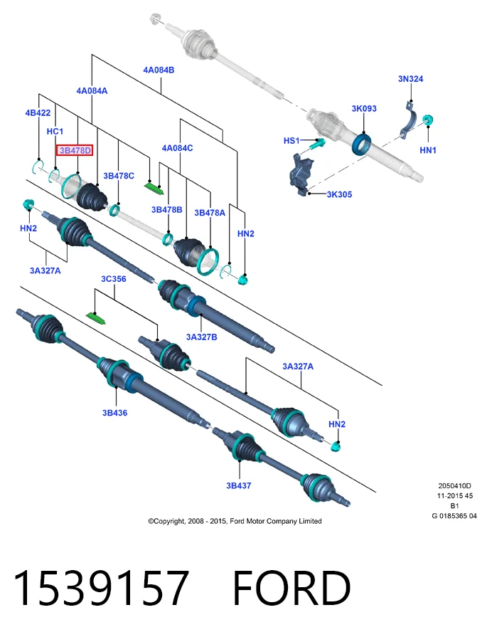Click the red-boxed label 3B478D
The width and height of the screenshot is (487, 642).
pos(75,150)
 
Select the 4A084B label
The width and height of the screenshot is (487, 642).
pos(159,70)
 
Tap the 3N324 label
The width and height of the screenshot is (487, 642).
pos(410,78)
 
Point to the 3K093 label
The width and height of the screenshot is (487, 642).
pos(364,108)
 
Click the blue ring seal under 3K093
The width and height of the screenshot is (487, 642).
pos(361,144)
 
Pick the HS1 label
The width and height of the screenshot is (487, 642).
pos(291,141)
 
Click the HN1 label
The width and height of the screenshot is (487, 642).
pos(428,150)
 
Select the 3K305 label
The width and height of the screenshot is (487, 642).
pos(339,194)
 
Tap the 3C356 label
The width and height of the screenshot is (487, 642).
pos(114,279)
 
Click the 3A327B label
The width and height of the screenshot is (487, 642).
pos(202,337)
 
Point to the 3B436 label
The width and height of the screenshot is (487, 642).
pos(114,413)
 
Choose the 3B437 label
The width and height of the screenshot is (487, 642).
pos(239,485)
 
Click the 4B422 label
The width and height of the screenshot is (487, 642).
pos(38,112)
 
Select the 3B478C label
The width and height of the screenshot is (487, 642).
pos(119,176)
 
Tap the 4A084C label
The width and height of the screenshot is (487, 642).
pos(178,148)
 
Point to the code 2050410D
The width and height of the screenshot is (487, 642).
pos(455,486)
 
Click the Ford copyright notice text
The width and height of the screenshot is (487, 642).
pos(235,521)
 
